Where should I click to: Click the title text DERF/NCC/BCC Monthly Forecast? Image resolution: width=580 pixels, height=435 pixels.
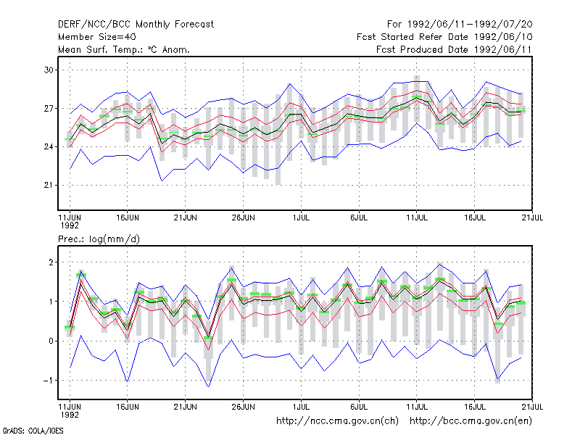click(x=136, y=25)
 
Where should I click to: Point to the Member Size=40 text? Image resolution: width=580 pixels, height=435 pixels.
click(x=97, y=37)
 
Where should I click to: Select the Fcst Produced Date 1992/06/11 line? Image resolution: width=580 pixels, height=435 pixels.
click(x=454, y=49)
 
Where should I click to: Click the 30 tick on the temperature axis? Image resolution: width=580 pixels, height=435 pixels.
click(x=49, y=70)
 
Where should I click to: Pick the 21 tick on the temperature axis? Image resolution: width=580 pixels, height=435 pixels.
click(x=49, y=185)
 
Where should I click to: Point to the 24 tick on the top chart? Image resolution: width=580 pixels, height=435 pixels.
click(x=49, y=147)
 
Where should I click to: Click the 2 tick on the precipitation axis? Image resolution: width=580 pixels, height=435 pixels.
click(x=51, y=262)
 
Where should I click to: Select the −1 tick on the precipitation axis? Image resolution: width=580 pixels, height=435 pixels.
click(x=48, y=380)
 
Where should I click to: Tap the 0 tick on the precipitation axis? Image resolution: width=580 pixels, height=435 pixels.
click(x=51, y=341)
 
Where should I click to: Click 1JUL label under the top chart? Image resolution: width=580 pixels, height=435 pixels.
click(x=301, y=218)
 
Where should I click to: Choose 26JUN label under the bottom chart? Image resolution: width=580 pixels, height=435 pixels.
click(x=243, y=407)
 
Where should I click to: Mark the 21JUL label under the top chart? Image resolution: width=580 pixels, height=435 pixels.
click(x=532, y=218)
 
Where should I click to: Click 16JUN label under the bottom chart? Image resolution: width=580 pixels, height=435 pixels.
click(x=128, y=407)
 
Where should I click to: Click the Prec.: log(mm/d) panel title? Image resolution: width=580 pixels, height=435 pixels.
click(x=99, y=239)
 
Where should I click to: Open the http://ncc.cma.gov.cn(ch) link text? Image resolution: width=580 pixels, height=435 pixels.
click(x=337, y=421)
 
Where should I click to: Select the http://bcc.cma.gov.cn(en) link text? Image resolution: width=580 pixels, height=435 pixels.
click(x=471, y=421)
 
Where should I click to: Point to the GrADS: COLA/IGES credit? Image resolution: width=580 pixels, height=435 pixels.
click(x=33, y=431)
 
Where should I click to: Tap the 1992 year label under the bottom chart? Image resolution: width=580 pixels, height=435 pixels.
click(x=70, y=415)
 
